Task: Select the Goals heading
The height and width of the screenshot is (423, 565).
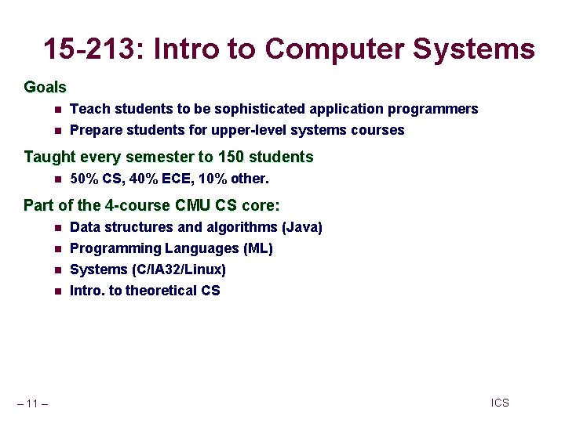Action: coord(45,87)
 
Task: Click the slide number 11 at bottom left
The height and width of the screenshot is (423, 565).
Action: coord(32,403)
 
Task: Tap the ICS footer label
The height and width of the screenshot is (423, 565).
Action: coord(500,403)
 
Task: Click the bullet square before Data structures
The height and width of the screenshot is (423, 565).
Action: coord(56,228)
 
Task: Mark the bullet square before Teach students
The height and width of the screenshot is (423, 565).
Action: coord(56,110)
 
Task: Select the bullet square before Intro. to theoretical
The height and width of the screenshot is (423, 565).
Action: coord(56,291)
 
